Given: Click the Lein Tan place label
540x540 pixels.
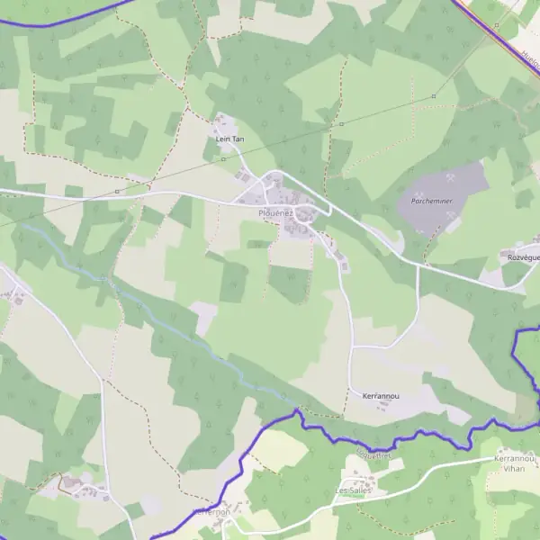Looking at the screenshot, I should pyautogui.click(x=229, y=139).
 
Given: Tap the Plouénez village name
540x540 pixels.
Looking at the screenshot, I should pyautogui.click(x=274, y=212).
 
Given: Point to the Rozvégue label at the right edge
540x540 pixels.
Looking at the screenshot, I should pyautogui.click(x=523, y=256).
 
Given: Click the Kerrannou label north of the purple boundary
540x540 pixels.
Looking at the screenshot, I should pyautogui.click(x=380, y=395).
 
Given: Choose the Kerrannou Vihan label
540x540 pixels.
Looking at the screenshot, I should pyautogui.click(x=514, y=463).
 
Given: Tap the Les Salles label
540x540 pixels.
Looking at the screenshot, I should pyautogui.click(x=353, y=490).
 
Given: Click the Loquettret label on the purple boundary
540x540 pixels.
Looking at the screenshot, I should pyautogui.click(x=373, y=455).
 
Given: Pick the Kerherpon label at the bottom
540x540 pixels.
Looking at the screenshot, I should pyautogui.click(x=212, y=511).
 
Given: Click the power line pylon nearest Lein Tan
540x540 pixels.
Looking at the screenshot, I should pyautogui.click(x=224, y=158).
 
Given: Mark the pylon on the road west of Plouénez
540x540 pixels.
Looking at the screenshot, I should pyautogui.click(x=117, y=191).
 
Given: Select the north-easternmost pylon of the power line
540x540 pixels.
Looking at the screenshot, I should pyautogui.click(x=434, y=95).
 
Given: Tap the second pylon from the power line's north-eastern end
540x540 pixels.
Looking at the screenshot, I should pyautogui.click(x=341, y=123).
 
